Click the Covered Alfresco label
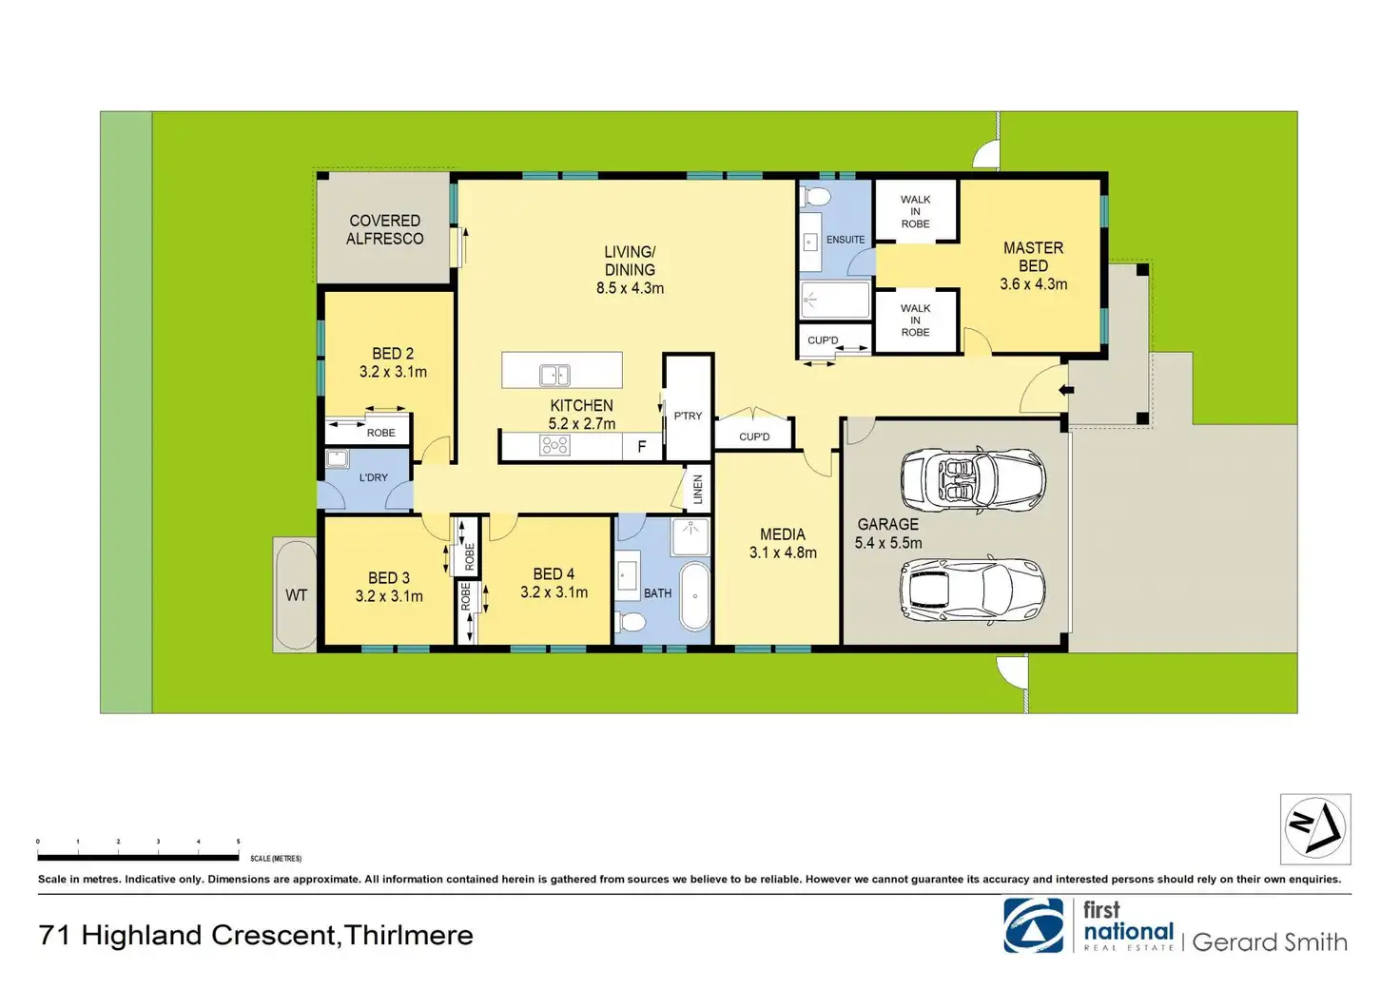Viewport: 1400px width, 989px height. click(384, 229)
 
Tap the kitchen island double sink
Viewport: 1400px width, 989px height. click(554, 376)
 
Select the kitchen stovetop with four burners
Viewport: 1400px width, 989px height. click(554, 445)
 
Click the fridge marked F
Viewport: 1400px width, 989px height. click(641, 447)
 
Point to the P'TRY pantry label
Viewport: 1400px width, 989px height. click(688, 416)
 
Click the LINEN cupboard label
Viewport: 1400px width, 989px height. click(698, 489)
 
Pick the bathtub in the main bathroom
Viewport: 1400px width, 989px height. click(694, 596)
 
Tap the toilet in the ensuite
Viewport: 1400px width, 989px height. click(814, 198)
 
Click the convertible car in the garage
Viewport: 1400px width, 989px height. click(973, 480)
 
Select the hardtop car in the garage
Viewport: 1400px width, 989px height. click(972, 590)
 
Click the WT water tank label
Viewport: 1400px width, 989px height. click(296, 594)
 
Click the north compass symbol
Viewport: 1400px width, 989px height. click(1315, 829)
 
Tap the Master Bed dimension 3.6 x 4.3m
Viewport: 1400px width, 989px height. click(1033, 284)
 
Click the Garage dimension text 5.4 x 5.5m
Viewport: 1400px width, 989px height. click(888, 543)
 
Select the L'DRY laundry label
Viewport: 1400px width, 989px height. click(373, 477)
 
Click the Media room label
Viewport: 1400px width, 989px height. click(783, 534)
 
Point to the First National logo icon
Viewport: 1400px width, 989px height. click(1033, 925)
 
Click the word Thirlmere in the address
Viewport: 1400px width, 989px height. click(408, 935)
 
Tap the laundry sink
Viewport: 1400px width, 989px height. click(337, 458)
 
